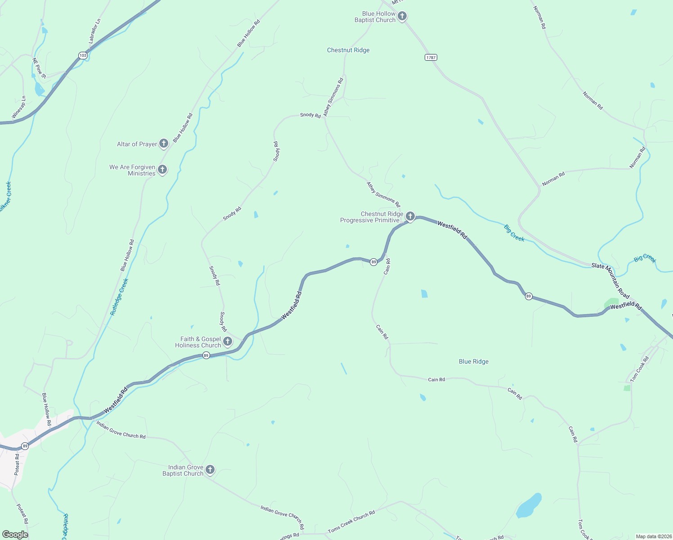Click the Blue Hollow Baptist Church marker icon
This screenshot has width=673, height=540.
pos(402,16)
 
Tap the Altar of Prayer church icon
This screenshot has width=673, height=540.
pos(164,144)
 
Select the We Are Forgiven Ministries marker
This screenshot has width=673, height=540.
pos(162,170)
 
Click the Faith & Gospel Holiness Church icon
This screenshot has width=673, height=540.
pos(228,342)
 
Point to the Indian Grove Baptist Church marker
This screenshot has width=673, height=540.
pos(210,470)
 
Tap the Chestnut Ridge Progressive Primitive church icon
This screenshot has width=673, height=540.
pos(410,216)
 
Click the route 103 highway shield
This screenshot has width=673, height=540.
pos(82,55)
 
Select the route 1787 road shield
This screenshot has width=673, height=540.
pos(431,57)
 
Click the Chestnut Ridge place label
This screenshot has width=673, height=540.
pos(348,50)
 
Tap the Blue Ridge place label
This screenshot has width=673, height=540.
pos(473,361)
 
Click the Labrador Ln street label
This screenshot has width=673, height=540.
pos(94,31)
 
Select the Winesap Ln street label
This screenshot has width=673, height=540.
pos(18,108)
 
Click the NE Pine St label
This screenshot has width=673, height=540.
pos(39,68)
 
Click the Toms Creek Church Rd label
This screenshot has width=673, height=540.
pos(351,522)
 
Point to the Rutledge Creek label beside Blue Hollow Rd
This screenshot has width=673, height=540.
pos(119,297)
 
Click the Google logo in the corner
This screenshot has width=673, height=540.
pos(15,534)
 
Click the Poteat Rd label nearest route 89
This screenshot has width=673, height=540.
pos(17,464)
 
